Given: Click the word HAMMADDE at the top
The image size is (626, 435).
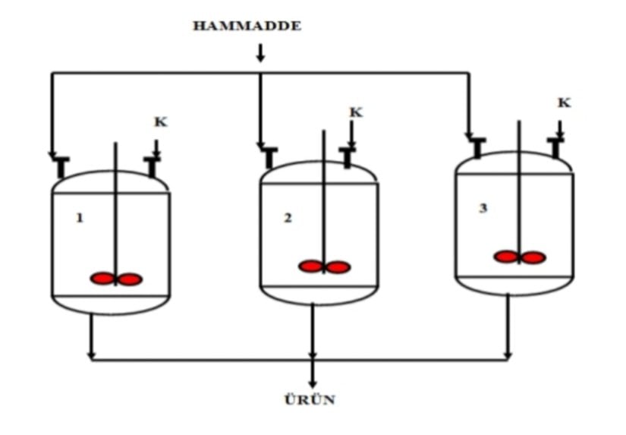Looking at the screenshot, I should pos(247,26).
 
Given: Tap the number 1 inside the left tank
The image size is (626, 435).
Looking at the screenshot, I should pos(80,218).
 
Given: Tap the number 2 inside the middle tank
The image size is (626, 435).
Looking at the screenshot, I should pos(288,218).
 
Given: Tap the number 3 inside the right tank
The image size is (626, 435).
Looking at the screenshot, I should pos(483,208).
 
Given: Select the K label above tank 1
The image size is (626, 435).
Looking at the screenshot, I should pos(159,121).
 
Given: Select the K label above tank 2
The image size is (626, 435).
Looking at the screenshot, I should pos(356,112).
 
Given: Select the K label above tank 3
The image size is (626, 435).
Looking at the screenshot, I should pos(564,102).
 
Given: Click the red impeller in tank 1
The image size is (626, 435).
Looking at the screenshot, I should pos(116,279).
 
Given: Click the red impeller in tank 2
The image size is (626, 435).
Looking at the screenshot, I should pos(324,266).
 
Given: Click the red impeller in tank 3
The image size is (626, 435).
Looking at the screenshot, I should pos(520,257).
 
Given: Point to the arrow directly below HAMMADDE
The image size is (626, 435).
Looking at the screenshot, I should pos(260,53).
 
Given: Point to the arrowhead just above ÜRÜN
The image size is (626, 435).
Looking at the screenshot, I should pos(312,383).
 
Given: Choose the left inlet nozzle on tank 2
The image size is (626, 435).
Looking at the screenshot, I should pos(270,156).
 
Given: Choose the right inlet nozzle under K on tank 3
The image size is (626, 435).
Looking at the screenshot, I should pos(556,147).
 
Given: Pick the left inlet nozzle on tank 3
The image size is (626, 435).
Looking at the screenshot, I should pos(477,147).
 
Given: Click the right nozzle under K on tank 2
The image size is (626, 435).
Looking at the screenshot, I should pos(348,156).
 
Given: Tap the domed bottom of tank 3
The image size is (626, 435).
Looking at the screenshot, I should pos(514,285).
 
